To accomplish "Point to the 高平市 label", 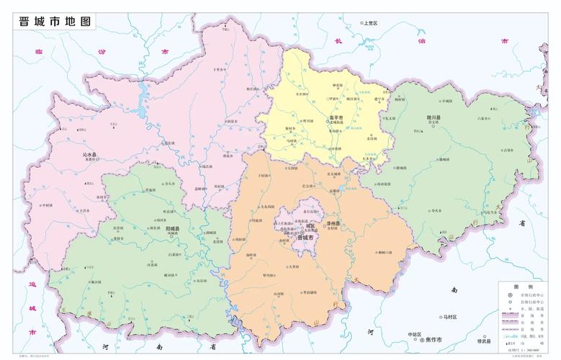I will click(x=336, y=117).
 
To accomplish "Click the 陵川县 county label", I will click(x=433, y=117).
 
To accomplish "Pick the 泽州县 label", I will click(x=333, y=224).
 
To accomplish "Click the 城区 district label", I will click(x=308, y=225).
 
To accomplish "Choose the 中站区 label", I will click(x=413, y=335).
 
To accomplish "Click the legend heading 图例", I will click(x=527, y=287).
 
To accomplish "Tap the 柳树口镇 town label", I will click(x=385, y=253).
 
